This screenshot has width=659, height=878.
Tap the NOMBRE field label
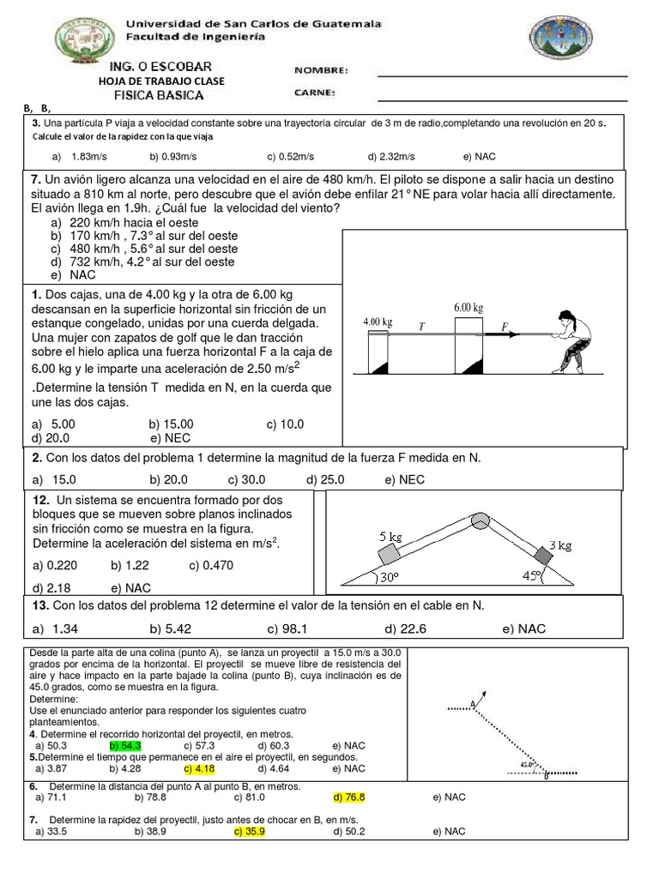(321, 70)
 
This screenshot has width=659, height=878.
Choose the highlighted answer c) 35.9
(249, 831)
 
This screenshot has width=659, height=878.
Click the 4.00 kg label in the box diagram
(378, 322)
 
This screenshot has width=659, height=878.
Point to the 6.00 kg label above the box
(469, 307)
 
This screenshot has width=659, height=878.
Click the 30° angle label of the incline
(389, 578)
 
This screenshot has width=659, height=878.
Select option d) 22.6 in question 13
(402, 628)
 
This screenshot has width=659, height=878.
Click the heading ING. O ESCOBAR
(160, 67)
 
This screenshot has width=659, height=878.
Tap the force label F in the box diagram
(505, 326)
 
